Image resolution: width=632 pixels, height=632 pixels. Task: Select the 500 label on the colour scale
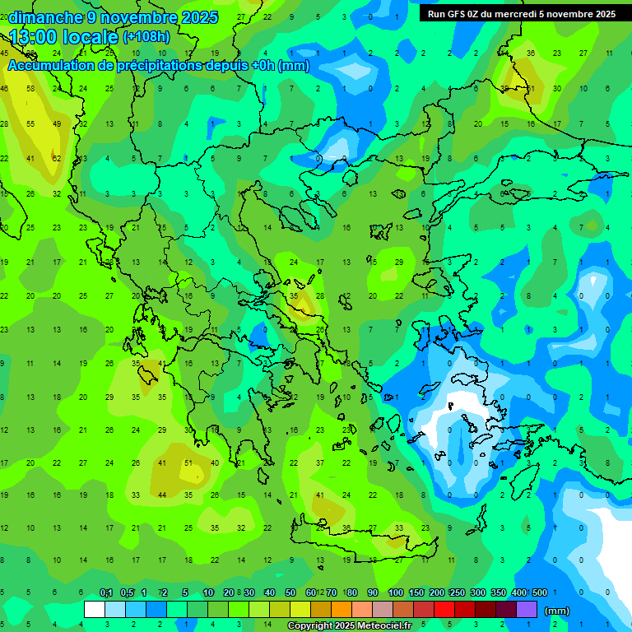(x=539, y=592)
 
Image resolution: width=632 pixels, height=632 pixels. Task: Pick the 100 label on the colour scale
(x=396, y=592)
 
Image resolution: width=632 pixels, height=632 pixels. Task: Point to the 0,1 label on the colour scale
(x=106, y=592)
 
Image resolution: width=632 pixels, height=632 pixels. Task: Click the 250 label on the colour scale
(x=457, y=592)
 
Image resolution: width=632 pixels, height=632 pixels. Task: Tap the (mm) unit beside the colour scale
(x=557, y=611)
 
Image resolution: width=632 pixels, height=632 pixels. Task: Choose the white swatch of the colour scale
(x=95, y=610)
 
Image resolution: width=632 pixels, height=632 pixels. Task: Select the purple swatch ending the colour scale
(x=527, y=610)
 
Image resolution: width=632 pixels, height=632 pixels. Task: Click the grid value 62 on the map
(x=57, y=159)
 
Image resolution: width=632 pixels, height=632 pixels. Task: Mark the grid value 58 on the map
(x=30, y=88)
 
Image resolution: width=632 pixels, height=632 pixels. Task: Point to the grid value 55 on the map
(x=30, y=123)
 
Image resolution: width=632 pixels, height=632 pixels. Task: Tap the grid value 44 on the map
(x=162, y=495)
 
